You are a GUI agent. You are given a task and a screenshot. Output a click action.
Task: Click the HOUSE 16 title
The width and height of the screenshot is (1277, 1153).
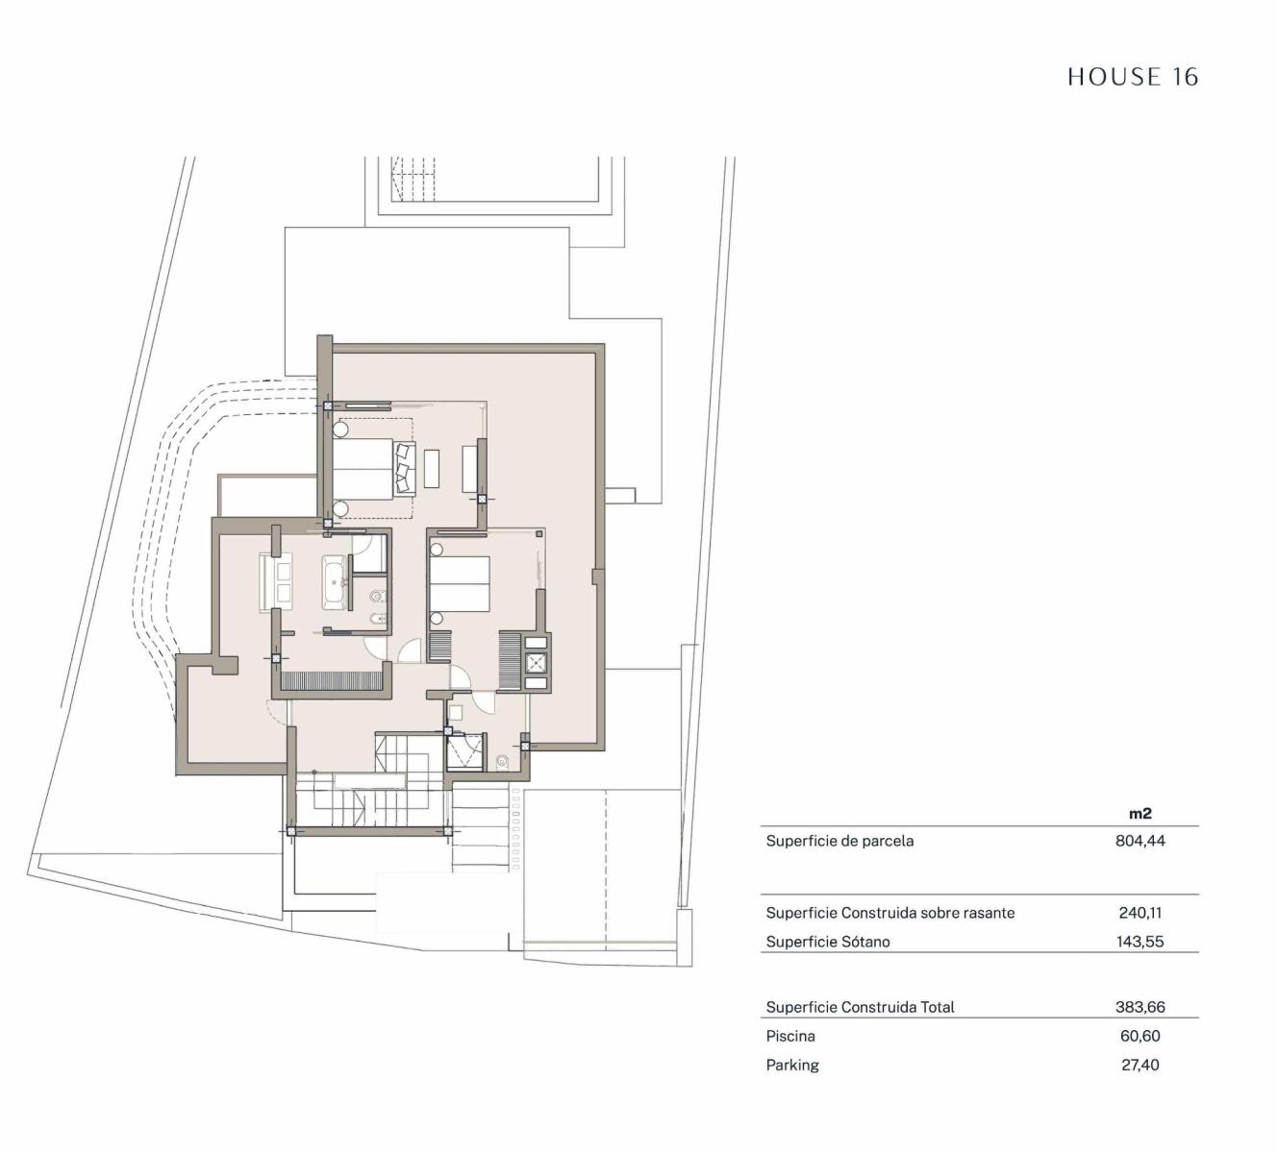(x=1133, y=77)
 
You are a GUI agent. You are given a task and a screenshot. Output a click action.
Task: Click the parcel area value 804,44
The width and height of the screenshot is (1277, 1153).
(x=1140, y=841)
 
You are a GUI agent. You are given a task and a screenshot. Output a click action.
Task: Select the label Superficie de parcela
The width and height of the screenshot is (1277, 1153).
(x=839, y=841)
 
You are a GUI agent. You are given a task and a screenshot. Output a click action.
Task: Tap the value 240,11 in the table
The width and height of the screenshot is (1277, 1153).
(x=1140, y=913)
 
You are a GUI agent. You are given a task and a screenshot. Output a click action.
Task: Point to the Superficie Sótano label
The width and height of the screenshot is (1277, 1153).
(x=828, y=941)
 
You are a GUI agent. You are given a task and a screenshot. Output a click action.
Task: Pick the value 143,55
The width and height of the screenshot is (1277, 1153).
(x=1140, y=941)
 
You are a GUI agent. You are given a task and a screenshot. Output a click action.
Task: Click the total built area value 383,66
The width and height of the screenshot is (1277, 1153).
(x=1140, y=1007)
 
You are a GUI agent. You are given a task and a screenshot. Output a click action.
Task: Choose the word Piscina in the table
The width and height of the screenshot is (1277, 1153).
(x=790, y=1036)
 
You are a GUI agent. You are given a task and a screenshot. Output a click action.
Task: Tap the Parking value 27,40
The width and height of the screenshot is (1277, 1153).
(x=1140, y=1065)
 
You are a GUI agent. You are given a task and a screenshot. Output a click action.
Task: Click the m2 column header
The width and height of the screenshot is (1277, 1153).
(x=1140, y=813)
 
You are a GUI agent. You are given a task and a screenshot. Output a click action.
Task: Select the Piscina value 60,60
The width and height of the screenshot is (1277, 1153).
(x=1140, y=1036)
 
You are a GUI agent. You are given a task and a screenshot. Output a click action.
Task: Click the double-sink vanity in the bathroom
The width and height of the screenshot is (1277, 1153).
(x=277, y=583)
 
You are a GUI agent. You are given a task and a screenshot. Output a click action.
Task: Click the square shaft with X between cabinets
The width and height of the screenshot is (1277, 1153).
(x=535, y=662)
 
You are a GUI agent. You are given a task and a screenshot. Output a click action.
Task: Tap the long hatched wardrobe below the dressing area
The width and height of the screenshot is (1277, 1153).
(x=331, y=681)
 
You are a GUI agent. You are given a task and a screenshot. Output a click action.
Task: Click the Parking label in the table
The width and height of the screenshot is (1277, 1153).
(x=792, y=1065)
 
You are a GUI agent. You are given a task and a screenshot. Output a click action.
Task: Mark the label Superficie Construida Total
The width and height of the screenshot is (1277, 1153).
(x=860, y=1007)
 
